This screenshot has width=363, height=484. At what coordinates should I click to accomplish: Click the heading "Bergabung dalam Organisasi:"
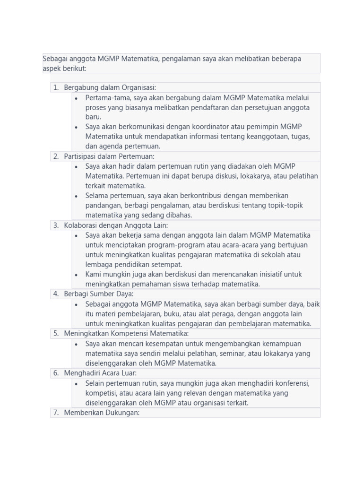pyautogui.click(x=110, y=87)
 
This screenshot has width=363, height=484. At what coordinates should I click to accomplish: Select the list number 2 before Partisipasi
pyautogui.click(x=55, y=156)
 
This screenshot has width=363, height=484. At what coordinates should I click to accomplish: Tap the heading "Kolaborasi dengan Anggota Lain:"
pyautogui.click(x=116, y=225)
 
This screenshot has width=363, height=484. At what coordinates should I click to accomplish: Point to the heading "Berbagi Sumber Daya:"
pyautogui.click(x=99, y=294)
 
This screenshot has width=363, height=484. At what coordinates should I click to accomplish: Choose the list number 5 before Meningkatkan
pyautogui.click(x=55, y=334)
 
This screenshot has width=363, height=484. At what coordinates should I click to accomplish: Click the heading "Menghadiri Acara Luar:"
pyautogui.click(x=100, y=373)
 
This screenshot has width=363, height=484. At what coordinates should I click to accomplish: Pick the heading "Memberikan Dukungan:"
pyautogui.click(x=102, y=413)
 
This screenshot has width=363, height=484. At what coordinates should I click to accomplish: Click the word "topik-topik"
pyautogui.click(x=285, y=206)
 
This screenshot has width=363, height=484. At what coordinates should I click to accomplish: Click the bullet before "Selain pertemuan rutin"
pyautogui.click(x=77, y=384)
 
